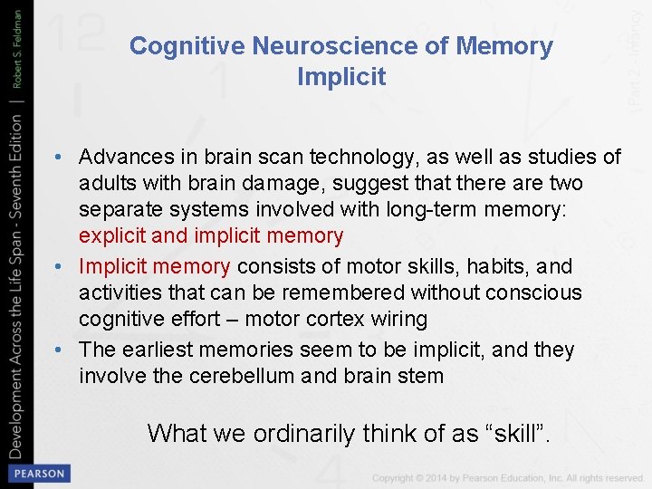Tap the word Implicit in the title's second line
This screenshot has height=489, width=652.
click(x=341, y=77)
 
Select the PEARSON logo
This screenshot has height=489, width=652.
click(x=37, y=473)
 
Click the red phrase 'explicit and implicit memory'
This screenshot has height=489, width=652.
click(x=211, y=236)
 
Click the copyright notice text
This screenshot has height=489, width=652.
click(x=507, y=477)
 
